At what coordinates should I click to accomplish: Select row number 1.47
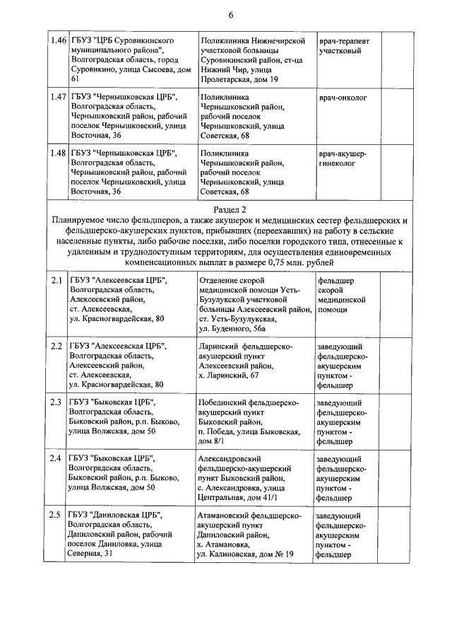coord(58,98)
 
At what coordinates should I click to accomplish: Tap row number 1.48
coord(58,152)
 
